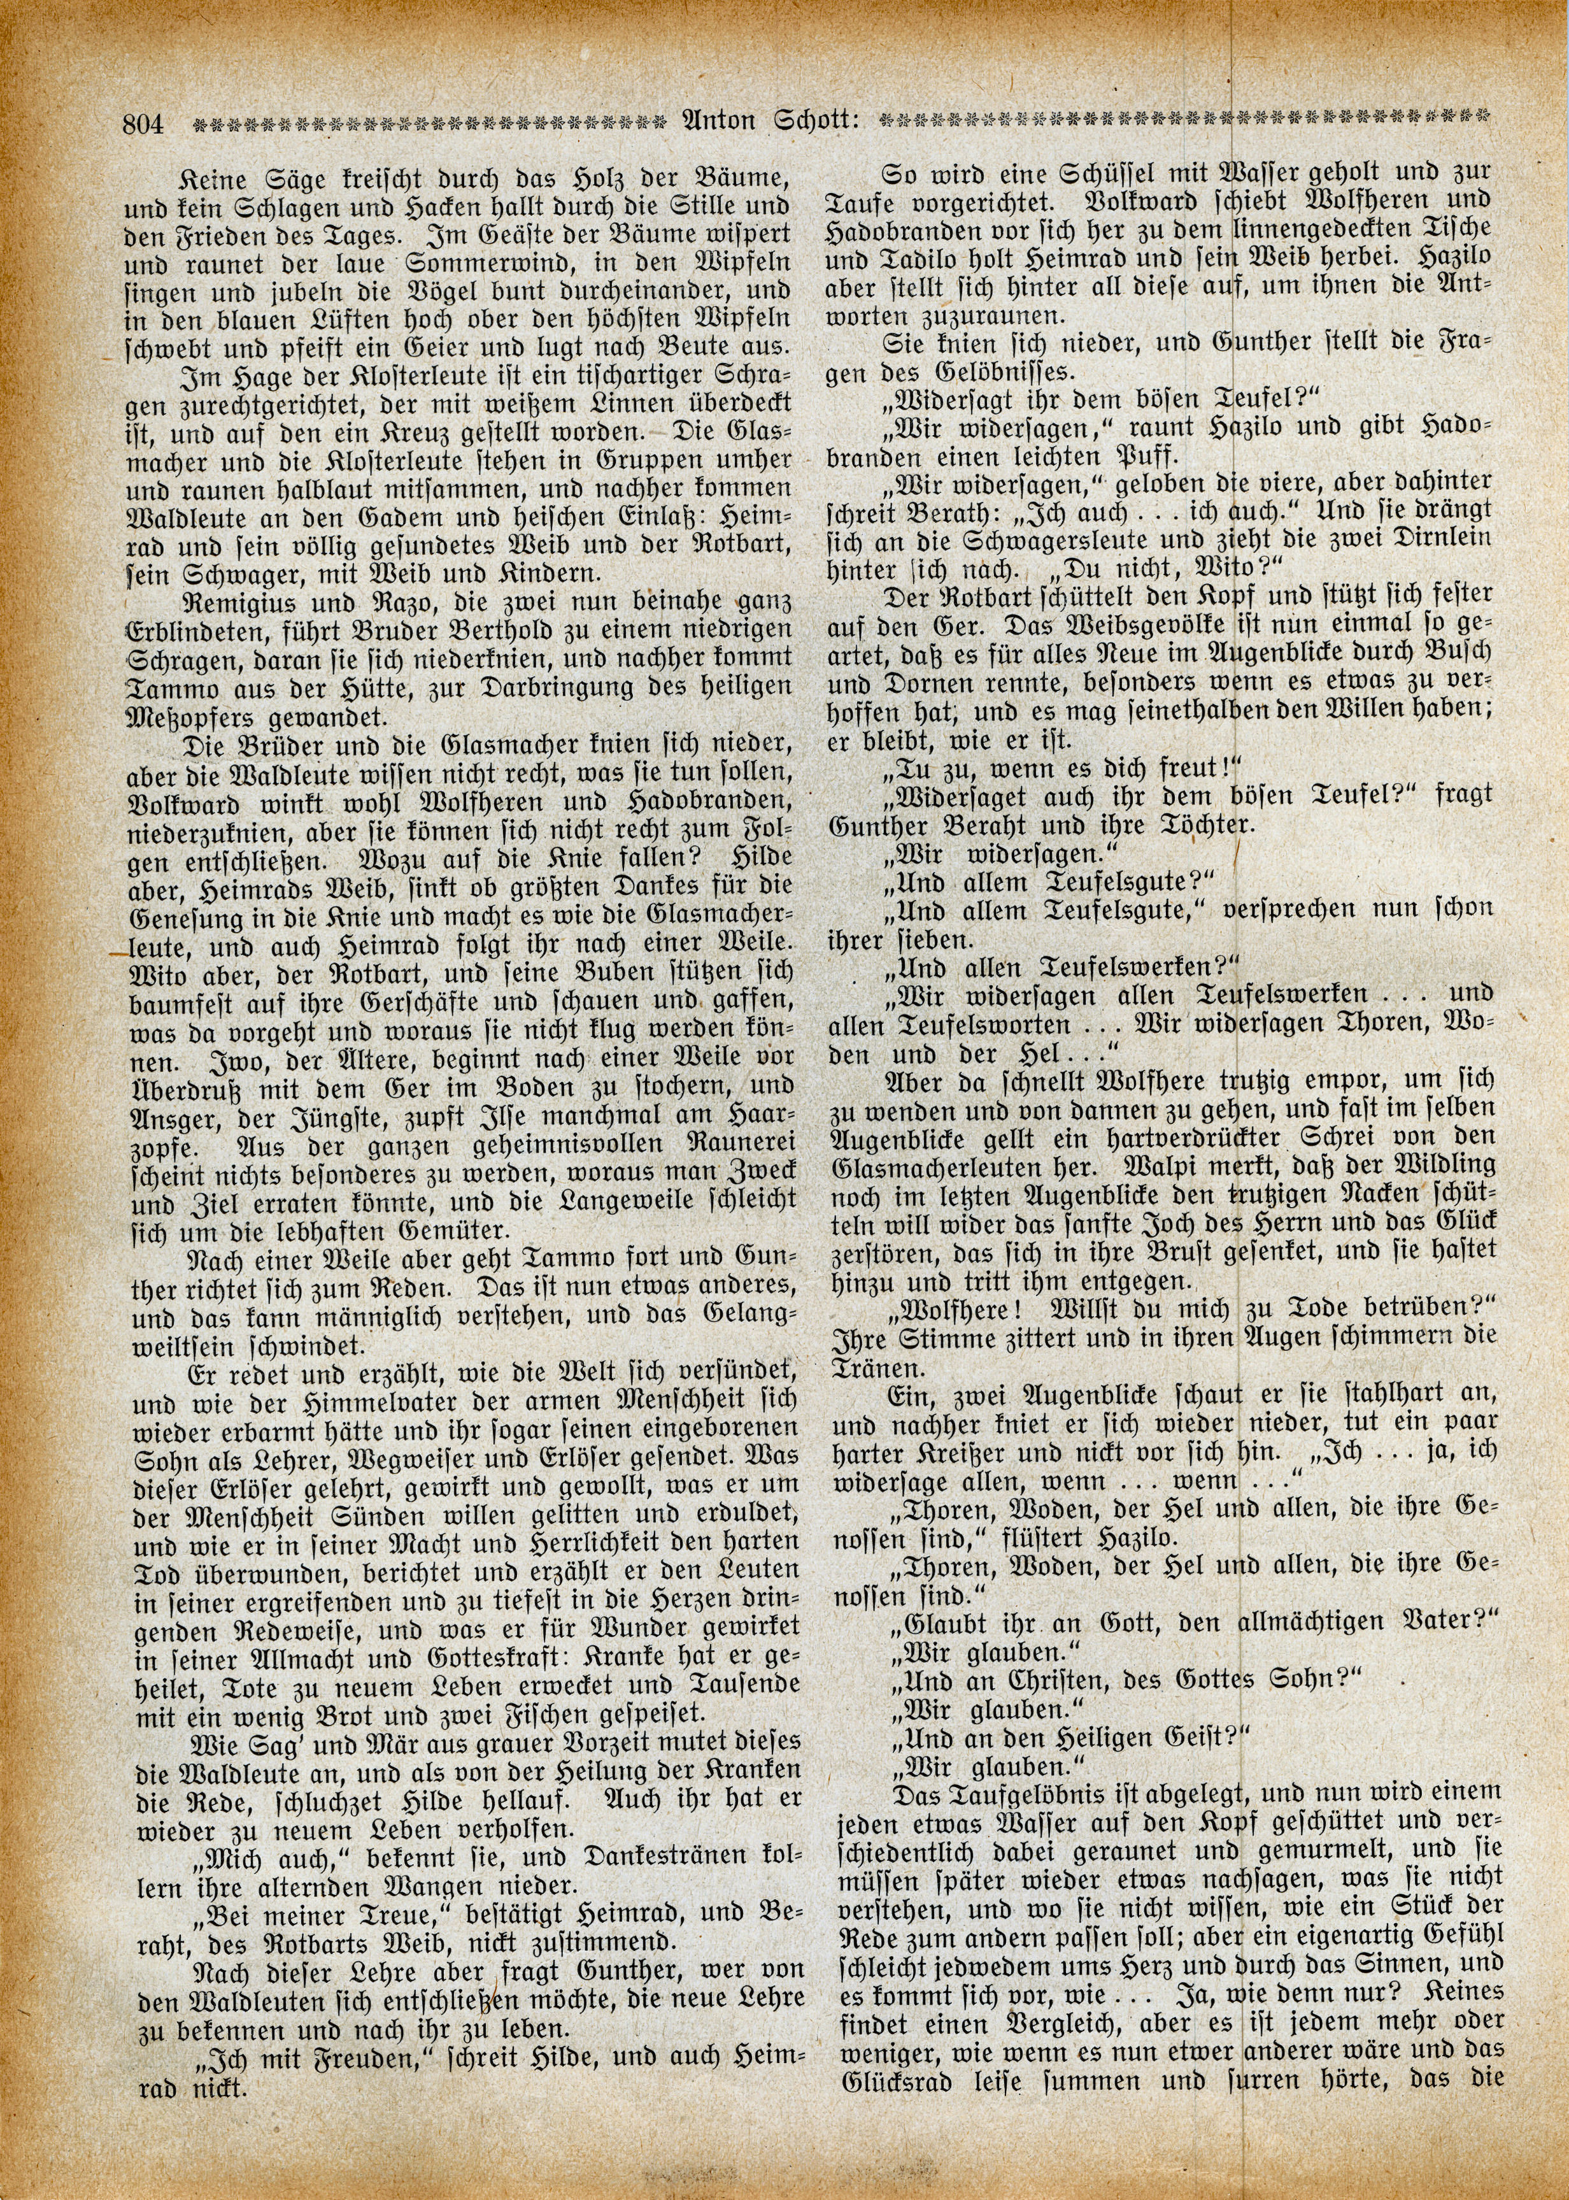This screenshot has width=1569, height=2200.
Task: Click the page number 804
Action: pos(144,124)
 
